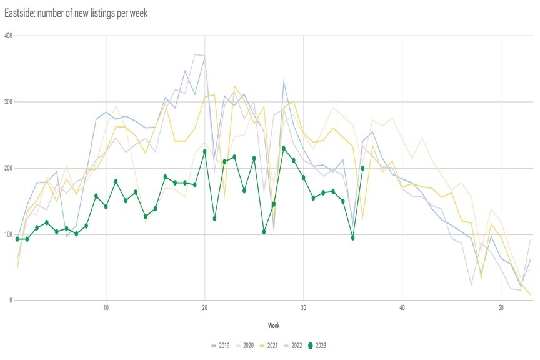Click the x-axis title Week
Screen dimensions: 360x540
pyautogui.click(x=274, y=326)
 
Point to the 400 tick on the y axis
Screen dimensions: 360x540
pyautogui.click(x=7, y=35)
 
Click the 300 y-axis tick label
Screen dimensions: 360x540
pyautogui.click(x=7, y=102)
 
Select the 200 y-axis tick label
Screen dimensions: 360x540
pyautogui.click(x=7, y=168)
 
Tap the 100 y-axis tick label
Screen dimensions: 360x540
pyautogui.click(x=7, y=234)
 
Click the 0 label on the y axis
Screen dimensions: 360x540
pyautogui.click(x=11, y=301)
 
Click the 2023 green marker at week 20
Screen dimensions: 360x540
pyautogui.click(x=205, y=152)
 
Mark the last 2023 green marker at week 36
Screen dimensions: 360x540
pyautogui.click(x=362, y=168)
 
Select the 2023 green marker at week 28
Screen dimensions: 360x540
pyautogui.click(x=284, y=148)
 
